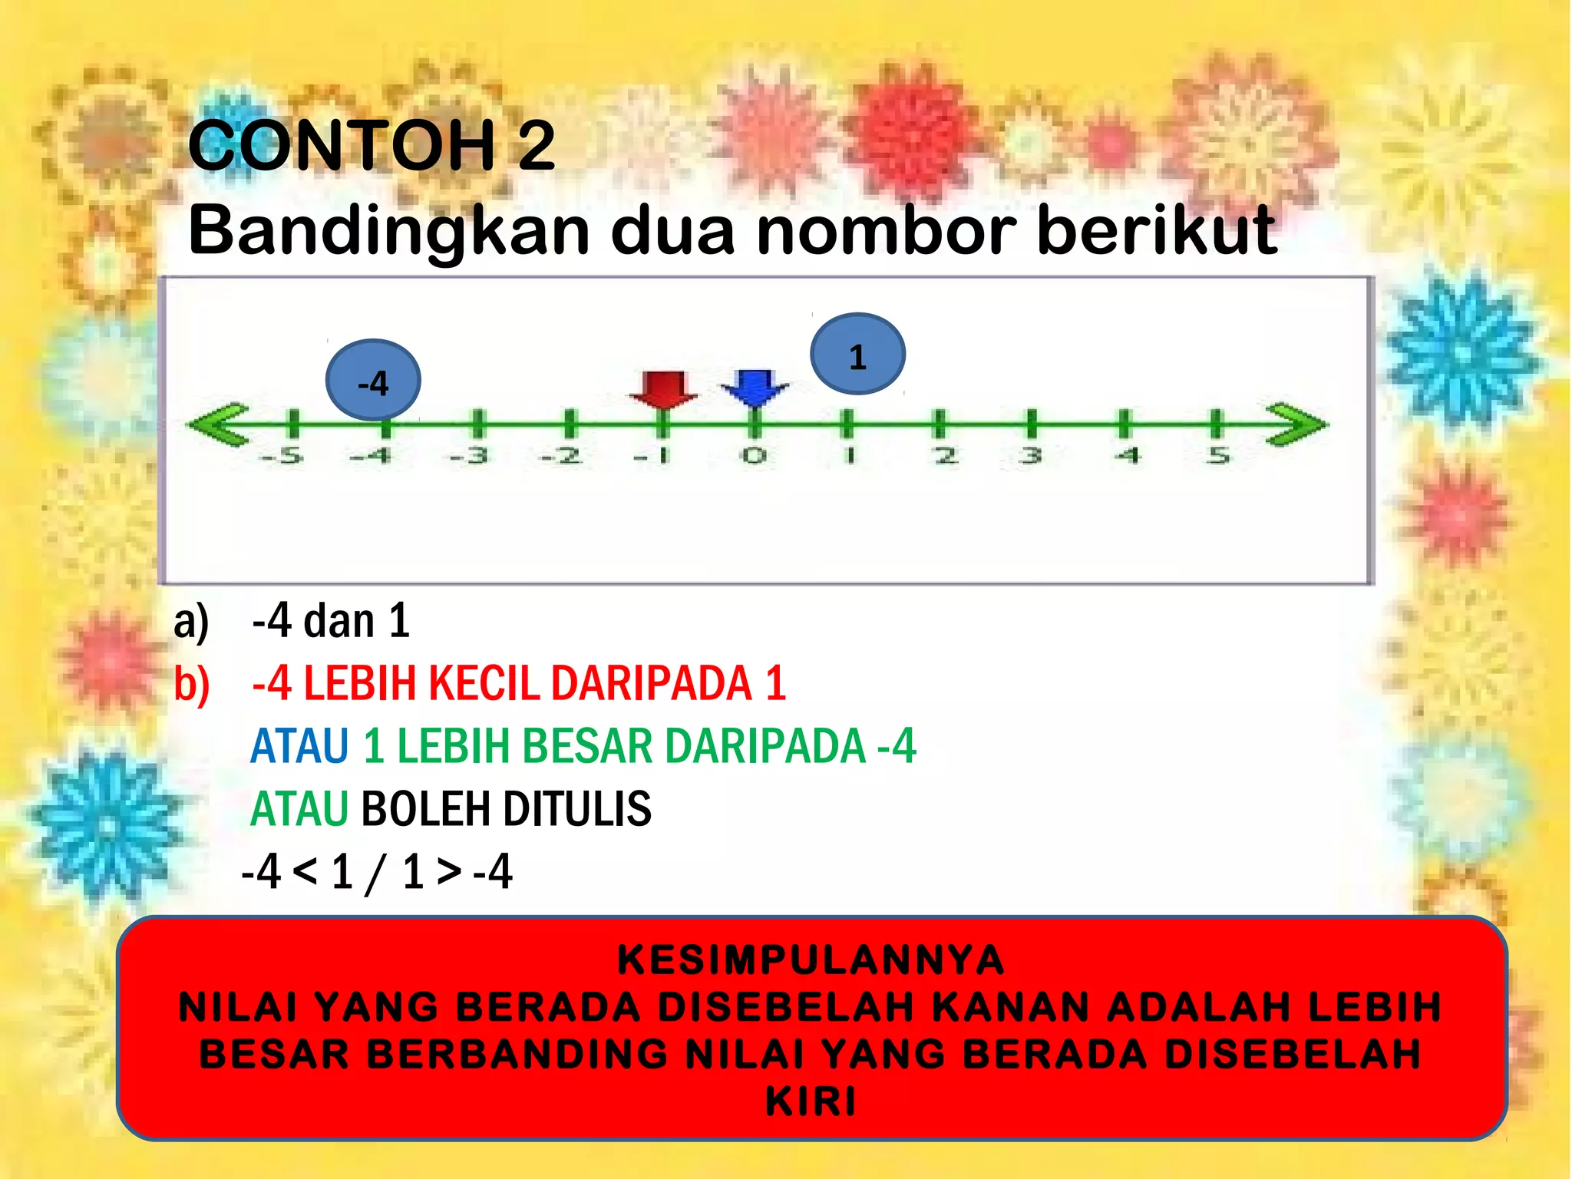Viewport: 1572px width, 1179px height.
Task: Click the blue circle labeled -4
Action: pyautogui.click(x=373, y=381)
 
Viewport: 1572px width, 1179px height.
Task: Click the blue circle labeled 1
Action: pyautogui.click(x=857, y=355)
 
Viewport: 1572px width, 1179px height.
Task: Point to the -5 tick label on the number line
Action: pyautogui.click(x=282, y=456)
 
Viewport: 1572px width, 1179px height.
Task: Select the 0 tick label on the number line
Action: pyautogui.click(x=754, y=456)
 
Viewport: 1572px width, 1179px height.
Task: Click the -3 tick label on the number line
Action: pyautogui.click(x=470, y=456)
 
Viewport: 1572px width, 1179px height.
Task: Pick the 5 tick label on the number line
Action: pyautogui.click(x=1218, y=456)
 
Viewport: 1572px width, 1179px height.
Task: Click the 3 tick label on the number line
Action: pyautogui.click(x=1031, y=456)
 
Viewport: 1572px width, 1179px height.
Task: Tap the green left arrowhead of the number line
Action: pyautogui.click(x=219, y=424)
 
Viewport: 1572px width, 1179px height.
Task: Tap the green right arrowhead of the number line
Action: pyautogui.click(x=1297, y=424)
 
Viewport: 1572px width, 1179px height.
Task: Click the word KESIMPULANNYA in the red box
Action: pyautogui.click(x=811, y=960)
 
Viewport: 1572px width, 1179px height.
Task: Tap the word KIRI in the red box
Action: pyautogui.click(x=811, y=1101)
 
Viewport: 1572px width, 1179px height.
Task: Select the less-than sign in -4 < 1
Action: pyautogui.click(x=305, y=871)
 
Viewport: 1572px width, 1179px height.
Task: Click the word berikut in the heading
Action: pyautogui.click(x=1157, y=230)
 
